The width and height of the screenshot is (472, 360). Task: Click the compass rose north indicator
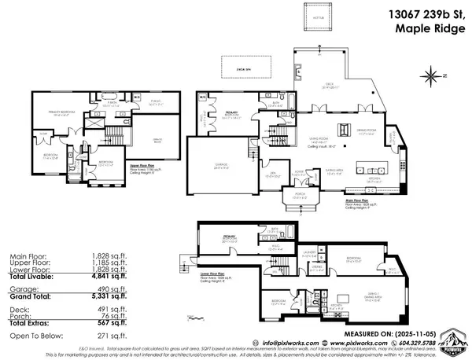tap(431, 77)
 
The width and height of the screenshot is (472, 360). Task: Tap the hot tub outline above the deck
tap(310, 18)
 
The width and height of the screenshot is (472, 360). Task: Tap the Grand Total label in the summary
tap(28, 298)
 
